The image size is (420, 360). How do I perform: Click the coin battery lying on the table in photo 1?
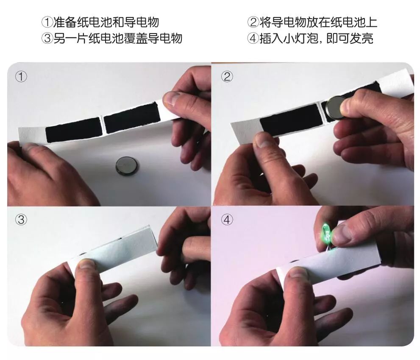click(127, 167)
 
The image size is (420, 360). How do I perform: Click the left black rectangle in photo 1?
click(73, 130)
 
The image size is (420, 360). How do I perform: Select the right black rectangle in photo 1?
click(132, 118)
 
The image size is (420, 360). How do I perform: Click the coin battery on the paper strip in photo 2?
click(336, 108)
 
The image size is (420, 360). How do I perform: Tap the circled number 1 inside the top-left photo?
click(21, 77)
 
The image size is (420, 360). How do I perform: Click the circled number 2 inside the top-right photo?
click(227, 77)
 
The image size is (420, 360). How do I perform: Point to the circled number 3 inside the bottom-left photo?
click(21, 220)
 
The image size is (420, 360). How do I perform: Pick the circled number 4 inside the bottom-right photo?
click(227, 220)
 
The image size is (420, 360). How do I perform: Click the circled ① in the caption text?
click(47, 22)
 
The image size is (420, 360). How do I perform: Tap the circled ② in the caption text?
click(253, 22)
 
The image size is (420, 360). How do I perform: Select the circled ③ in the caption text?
click(47, 38)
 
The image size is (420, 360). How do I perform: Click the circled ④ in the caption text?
click(253, 38)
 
